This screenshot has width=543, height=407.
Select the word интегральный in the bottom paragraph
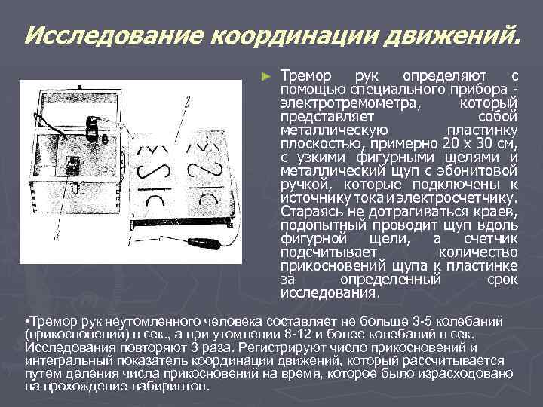61,360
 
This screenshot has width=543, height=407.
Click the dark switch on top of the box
94,128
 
